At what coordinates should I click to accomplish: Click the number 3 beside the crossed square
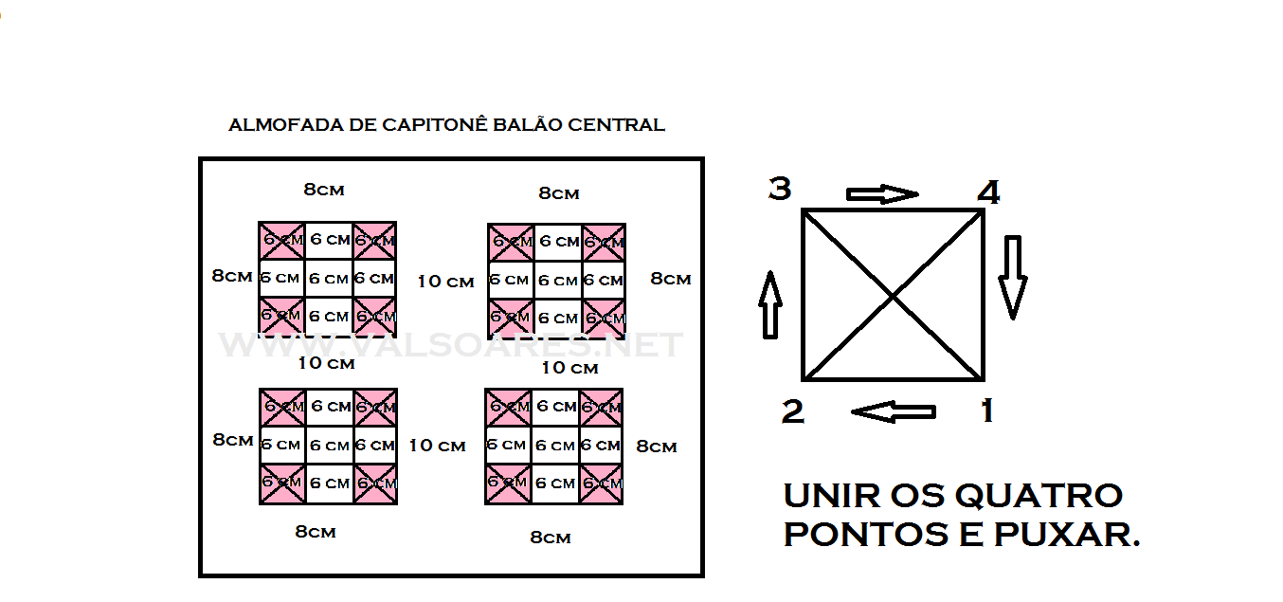point(779,190)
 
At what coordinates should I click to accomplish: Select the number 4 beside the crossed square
point(988,193)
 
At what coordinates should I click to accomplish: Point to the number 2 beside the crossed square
point(792,411)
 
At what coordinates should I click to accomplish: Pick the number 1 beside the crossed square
point(987,411)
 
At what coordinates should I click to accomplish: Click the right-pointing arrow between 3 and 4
point(882,194)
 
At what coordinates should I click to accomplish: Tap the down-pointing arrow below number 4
point(1012,276)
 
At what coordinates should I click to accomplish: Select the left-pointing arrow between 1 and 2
point(893,411)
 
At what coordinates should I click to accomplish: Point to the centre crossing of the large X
point(893,296)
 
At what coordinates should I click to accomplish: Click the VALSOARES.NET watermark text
point(451,345)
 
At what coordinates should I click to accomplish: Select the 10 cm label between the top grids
point(445,282)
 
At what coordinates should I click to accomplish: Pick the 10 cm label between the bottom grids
point(437,446)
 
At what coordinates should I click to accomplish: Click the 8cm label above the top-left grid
point(324,190)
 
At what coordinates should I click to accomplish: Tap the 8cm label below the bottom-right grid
point(550,538)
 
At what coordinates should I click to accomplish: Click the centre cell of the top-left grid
point(329,279)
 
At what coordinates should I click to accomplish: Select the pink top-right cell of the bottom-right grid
point(602,406)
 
